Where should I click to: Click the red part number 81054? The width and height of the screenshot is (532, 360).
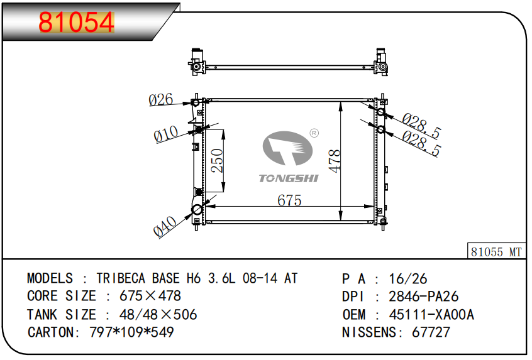(x=76, y=22)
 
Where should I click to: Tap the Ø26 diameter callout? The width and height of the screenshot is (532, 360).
(x=161, y=100)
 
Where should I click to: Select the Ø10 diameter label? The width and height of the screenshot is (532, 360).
(x=166, y=134)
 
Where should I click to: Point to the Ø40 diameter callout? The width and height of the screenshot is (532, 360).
(x=165, y=226)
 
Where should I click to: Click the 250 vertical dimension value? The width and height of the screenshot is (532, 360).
(x=217, y=160)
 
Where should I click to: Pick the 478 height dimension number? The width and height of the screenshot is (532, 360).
(x=335, y=161)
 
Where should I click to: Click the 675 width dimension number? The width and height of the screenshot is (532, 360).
(x=289, y=200)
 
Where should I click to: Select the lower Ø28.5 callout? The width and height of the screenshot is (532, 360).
(x=421, y=143)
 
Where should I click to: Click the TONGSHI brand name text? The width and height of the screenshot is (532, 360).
(x=289, y=178)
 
